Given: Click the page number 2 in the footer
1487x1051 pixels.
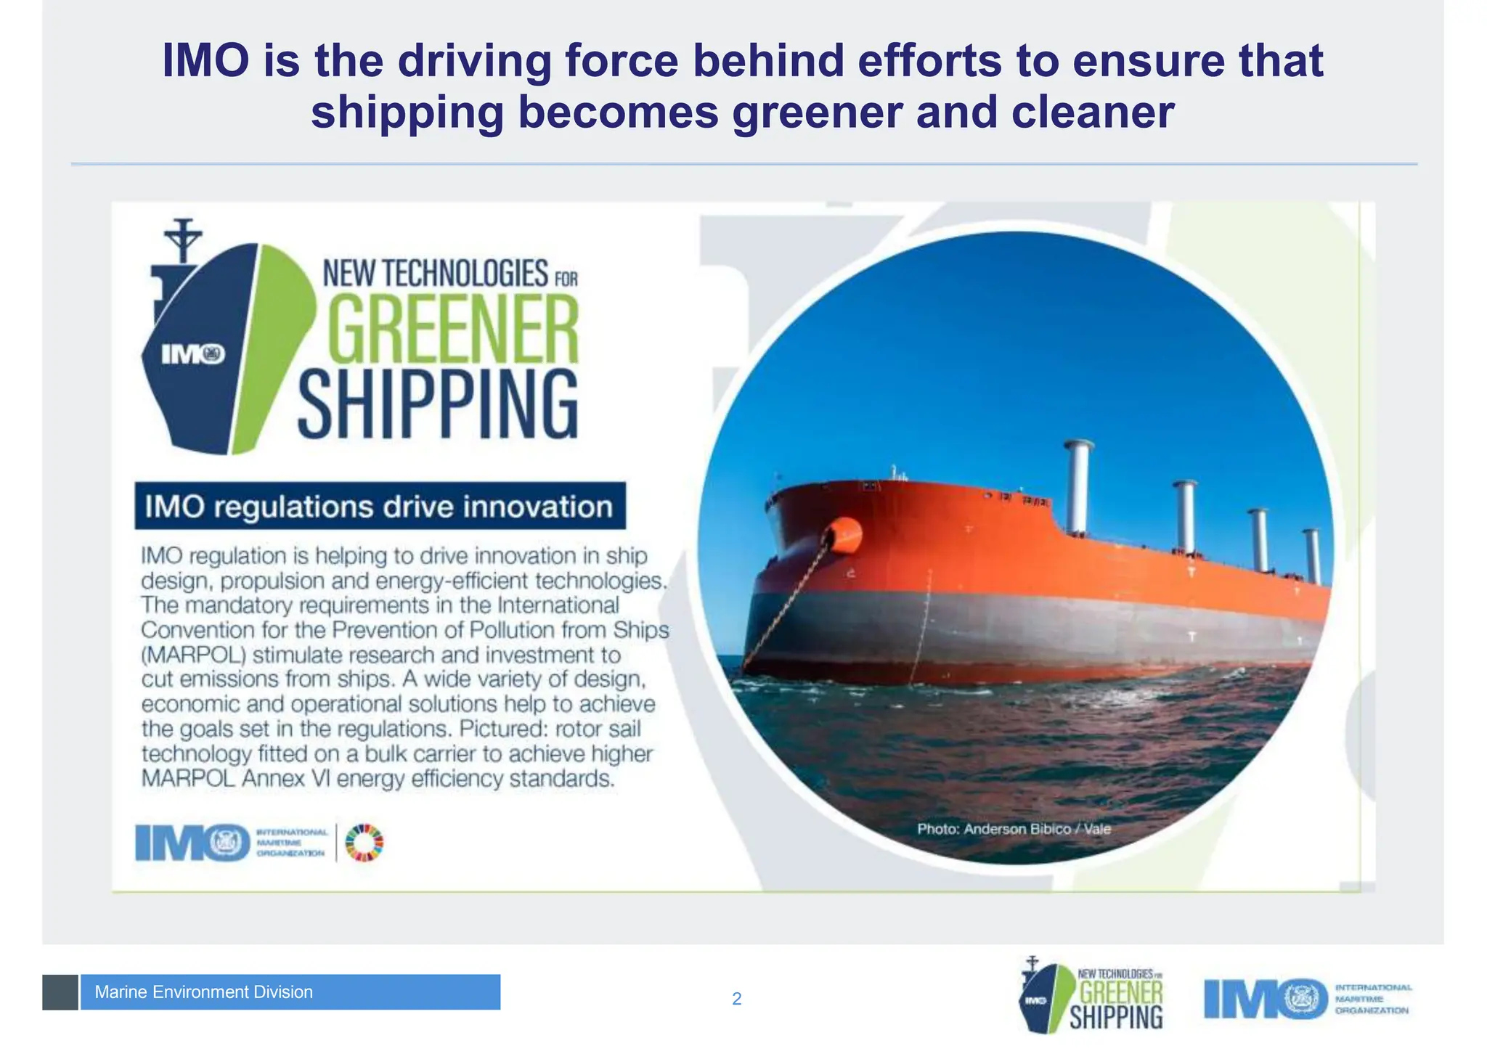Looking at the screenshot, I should click(736, 999).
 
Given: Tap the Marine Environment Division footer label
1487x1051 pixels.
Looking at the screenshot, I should click(204, 992).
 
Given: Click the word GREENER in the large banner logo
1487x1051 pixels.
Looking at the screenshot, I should click(453, 330).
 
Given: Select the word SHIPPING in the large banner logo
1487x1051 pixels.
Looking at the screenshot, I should click(438, 404).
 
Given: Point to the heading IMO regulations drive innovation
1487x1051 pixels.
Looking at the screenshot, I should click(379, 507).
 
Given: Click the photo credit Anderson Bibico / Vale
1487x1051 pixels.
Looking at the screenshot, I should click(1014, 829).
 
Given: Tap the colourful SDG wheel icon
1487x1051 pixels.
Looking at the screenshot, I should click(364, 843).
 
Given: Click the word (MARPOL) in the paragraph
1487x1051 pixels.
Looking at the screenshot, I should click(194, 655).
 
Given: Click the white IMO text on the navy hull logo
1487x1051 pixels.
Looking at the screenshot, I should click(192, 354).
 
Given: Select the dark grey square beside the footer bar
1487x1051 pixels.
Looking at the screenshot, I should click(60, 992).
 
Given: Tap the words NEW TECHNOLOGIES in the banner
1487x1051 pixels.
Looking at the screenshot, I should click(435, 274).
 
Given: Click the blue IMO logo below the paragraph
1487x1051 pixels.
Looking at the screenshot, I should click(193, 843).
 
